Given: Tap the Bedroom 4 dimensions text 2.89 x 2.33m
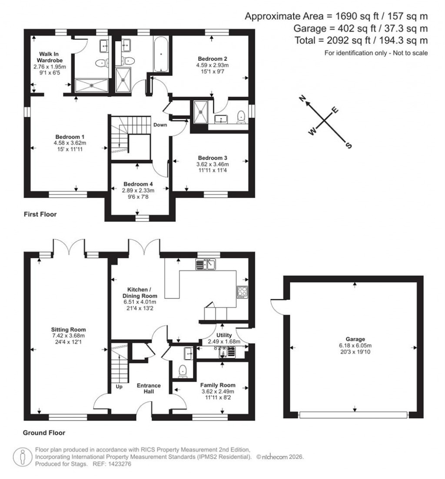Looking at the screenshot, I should click(x=138, y=190).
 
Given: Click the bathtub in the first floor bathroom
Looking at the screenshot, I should click(x=161, y=54).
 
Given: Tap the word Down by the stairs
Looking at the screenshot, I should click(x=159, y=125).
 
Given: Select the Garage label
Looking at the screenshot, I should click(x=355, y=339).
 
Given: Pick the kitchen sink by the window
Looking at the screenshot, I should click(x=206, y=264).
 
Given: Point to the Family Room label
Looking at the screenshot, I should click(x=218, y=385).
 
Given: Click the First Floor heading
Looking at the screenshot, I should click(x=40, y=214).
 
